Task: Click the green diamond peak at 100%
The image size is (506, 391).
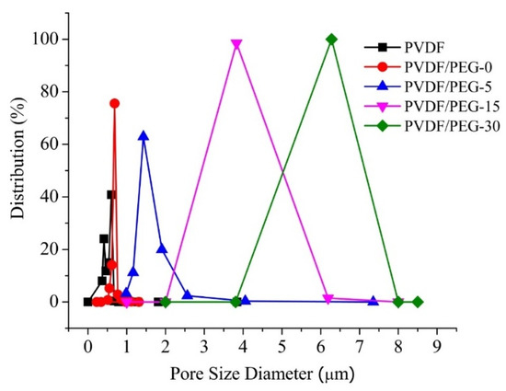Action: pos(331,39)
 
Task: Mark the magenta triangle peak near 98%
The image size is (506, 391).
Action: pos(236,44)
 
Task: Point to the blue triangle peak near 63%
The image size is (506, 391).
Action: pos(144,136)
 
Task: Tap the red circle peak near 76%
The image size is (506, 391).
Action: pos(114,103)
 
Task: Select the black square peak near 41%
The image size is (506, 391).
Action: pos(111,194)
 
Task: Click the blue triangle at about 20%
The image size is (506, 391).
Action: pos(162,248)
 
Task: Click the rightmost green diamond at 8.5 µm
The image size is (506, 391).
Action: pos(418,302)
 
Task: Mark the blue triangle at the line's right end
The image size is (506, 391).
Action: pos(373,301)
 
